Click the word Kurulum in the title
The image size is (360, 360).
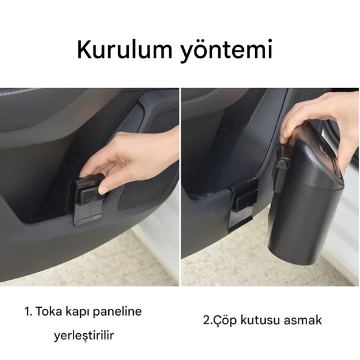click(x=124, y=50)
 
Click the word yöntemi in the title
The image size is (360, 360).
click(x=227, y=51)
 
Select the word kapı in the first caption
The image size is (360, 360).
click(x=77, y=312)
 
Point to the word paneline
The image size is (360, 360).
click(x=117, y=312)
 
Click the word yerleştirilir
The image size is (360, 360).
click(x=84, y=336)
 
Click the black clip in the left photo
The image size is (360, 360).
click(x=88, y=198)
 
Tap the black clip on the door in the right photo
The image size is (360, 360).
click(x=243, y=202)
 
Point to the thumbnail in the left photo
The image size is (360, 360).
click(x=103, y=190)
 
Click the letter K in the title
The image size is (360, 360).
click(x=84, y=50)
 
